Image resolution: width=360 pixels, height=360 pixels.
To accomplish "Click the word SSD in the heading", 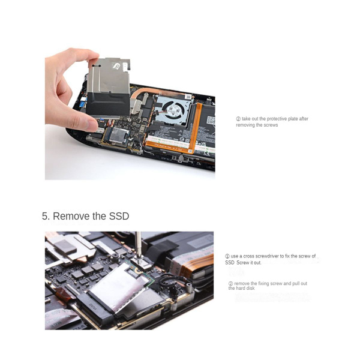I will tap(119, 216).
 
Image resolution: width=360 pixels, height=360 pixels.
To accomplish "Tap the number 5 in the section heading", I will tap(45, 216).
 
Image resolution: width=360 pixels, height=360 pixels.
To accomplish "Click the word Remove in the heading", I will tap(70, 216).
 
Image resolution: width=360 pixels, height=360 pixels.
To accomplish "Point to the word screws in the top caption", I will tap(271, 125).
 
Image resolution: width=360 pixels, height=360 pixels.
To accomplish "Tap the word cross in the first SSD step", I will tap(247, 256).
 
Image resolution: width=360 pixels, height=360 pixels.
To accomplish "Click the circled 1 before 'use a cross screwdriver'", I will tap(227, 256).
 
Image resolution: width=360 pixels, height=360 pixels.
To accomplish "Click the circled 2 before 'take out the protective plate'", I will tap(238, 119).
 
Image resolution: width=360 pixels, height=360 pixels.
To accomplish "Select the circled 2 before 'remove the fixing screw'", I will tap(230, 283).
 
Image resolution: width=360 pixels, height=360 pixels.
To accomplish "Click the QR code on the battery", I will tap(211, 119).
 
